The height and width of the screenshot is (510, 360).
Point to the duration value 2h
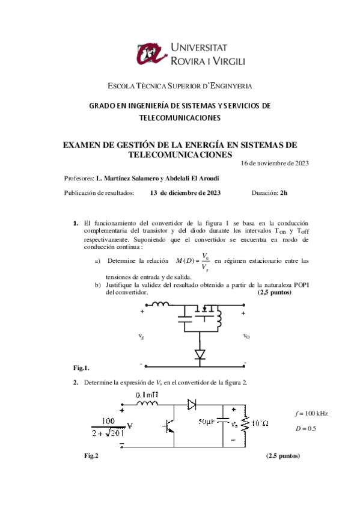[x=284, y=192]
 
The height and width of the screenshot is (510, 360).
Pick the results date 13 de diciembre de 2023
[x=186, y=192]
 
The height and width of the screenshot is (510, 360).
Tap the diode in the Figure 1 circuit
[x=200, y=354]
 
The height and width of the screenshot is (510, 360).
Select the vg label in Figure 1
[x=141, y=336]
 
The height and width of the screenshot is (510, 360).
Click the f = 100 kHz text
[x=311, y=414]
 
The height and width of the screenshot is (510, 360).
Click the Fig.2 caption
[x=91, y=456]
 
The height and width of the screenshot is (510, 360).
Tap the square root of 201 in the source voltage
[x=115, y=433]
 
